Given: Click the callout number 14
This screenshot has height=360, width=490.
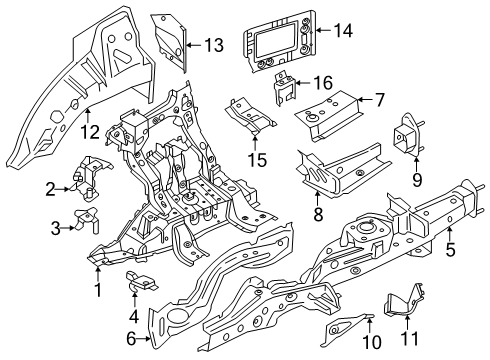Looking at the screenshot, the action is pyautogui.click(x=343, y=31).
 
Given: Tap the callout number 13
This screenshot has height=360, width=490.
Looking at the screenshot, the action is pyautogui.click(x=214, y=45).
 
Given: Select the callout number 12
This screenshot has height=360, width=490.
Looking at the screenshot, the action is pyautogui.click(x=90, y=132).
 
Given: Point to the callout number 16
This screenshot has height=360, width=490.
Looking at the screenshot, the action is pyautogui.click(x=323, y=83).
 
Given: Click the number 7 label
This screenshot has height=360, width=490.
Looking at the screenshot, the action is pyautogui.click(x=379, y=100).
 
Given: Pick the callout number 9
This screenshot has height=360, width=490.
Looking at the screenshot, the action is pyautogui.click(x=417, y=180).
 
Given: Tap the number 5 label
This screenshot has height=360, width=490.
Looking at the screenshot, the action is pyautogui.click(x=450, y=249).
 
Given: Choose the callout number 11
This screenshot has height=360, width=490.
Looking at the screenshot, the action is pyautogui.click(x=409, y=339).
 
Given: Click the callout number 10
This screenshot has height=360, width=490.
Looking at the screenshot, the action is pyautogui.click(x=372, y=342).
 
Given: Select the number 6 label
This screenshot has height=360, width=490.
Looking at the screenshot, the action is pyautogui.click(x=131, y=339).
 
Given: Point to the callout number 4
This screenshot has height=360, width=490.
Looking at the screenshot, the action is pyautogui.click(x=134, y=316).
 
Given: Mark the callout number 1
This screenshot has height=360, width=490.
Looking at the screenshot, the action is pyautogui.click(x=98, y=290).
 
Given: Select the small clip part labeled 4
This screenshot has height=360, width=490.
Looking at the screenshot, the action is pyautogui.click(x=140, y=282).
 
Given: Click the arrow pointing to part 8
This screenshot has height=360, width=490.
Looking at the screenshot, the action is pyautogui.click(x=317, y=199).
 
